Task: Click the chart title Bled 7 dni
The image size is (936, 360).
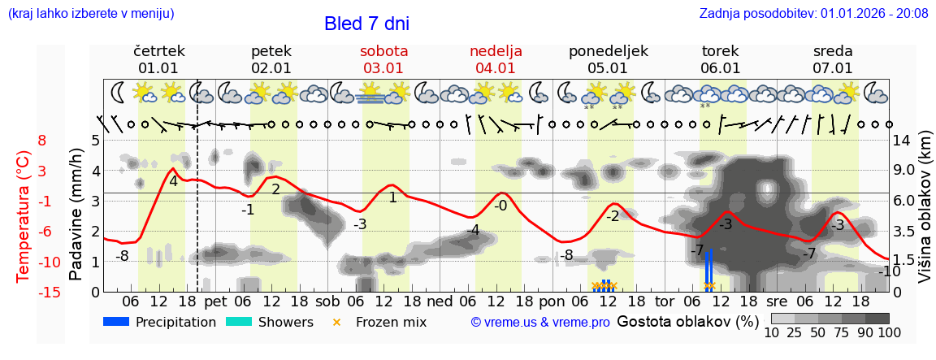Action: [x=366, y=24]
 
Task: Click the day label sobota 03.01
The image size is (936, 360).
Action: [x=384, y=59]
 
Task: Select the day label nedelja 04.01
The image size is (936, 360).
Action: [x=496, y=59]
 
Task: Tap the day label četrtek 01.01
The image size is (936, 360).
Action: [x=158, y=59]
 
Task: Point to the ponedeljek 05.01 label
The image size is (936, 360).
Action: [x=608, y=59]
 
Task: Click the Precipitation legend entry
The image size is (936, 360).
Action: [x=159, y=322]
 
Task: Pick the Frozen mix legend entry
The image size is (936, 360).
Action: [x=381, y=322]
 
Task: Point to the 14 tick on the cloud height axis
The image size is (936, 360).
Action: [x=903, y=140]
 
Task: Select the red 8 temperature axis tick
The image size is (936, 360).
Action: [x=41, y=140]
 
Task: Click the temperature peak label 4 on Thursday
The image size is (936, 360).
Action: [x=173, y=181]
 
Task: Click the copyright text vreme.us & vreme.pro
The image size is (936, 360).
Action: [x=540, y=322]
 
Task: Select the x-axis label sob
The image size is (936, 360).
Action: [x=328, y=301]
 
